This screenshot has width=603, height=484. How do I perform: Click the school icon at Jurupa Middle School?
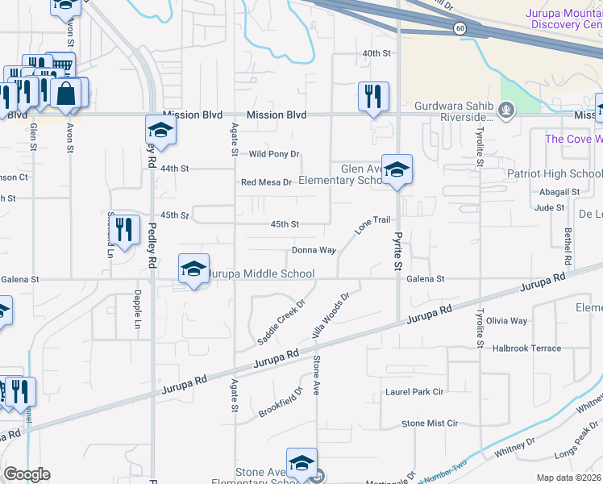pyautogui.click(x=193, y=269)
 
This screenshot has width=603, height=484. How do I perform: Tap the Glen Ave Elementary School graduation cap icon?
pyautogui.click(x=397, y=170)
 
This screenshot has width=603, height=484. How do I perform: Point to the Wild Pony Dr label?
pyautogui.click(x=274, y=154)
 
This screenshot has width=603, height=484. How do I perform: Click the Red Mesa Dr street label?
pyautogui.click(x=266, y=182)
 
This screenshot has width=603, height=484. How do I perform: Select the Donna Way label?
pyautogui.click(x=314, y=250)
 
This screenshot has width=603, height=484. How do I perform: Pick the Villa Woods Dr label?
pyautogui.click(x=331, y=315)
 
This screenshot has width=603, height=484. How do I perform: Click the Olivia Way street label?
pyautogui.click(x=506, y=320)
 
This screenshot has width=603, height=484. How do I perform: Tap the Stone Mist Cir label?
pyautogui.click(x=430, y=423)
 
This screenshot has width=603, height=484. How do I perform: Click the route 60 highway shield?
pyautogui.click(x=459, y=27)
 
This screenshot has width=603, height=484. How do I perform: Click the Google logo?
pyautogui.click(x=27, y=474)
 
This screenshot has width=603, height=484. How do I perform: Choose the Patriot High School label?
pyautogui.click(x=554, y=173)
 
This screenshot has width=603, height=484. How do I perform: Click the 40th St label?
pyautogui.click(x=376, y=53)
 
